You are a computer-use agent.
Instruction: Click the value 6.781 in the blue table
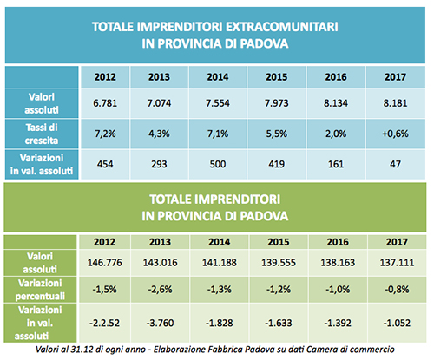click(105, 103)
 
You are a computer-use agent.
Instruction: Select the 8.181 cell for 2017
click(395, 103)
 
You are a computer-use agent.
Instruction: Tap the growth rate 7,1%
click(218, 134)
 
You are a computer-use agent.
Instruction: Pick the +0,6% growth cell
click(395, 134)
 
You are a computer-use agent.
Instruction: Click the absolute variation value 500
click(218, 164)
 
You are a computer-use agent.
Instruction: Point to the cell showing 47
click(395, 164)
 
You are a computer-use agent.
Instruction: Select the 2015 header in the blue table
click(277, 77)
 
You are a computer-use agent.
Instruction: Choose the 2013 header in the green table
click(160, 242)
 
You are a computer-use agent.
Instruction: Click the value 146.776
click(105, 263)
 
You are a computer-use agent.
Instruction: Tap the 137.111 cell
click(397, 263)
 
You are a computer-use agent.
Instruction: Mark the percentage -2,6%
click(160, 290)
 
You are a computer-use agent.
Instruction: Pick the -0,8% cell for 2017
click(397, 290)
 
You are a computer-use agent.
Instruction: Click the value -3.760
click(160, 323)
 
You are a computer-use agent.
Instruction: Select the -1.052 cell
click(397, 323)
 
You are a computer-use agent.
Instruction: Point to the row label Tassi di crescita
click(42, 134)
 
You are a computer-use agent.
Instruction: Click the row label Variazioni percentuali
click(40, 290)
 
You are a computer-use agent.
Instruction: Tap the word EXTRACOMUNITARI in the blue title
click(281, 27)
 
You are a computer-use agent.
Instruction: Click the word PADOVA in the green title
click(264, 216)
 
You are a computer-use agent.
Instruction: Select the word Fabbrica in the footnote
click(227, 350)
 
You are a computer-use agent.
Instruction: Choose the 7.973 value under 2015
click(277, 103)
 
